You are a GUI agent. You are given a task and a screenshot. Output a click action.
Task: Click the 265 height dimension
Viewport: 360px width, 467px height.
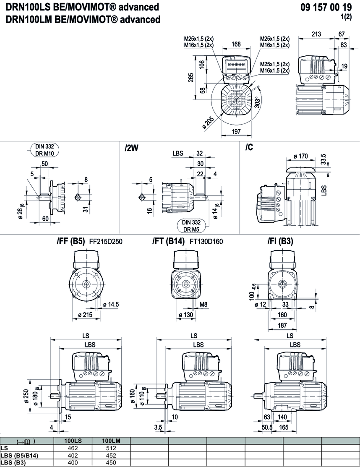point(191,78)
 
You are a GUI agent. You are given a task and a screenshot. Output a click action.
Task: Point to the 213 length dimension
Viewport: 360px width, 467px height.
point(318,34)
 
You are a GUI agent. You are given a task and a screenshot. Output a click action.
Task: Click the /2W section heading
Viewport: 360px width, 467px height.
point(131,148)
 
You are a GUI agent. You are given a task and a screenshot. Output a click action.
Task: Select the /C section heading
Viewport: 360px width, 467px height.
point(249,148)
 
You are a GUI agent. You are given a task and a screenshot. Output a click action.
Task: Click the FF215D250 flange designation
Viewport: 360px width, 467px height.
point(106,241)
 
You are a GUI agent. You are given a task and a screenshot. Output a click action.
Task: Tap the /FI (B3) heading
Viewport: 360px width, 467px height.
point(280,241)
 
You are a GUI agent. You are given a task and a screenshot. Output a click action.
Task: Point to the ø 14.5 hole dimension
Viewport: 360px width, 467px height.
point(112,304)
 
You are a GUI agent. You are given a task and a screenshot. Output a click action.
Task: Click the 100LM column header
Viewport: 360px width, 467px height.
point(111,441)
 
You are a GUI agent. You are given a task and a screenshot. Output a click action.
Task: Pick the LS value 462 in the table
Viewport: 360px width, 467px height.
point(73,448)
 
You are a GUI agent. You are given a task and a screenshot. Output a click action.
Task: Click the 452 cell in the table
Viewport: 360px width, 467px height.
point(111,455)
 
